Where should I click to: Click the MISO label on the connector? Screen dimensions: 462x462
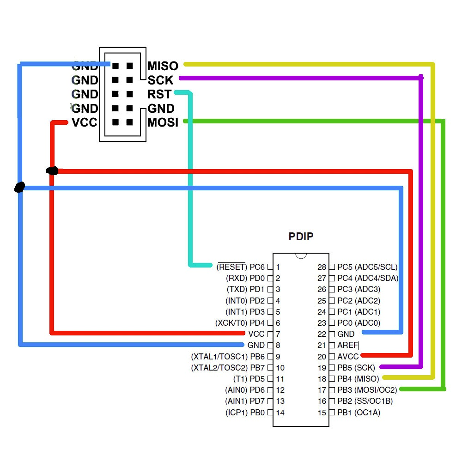coord(162,67)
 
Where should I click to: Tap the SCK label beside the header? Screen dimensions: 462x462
coord(160,80)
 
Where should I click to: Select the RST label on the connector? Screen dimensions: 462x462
coord(159,95)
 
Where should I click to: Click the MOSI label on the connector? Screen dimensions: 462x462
coord(163,123)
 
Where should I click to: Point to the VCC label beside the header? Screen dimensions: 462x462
coord(85,123)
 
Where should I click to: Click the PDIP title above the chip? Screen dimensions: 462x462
coord(301,237)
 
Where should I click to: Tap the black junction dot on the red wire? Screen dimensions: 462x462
coord(52,171)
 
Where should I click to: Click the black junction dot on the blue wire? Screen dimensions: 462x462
coord(19,187)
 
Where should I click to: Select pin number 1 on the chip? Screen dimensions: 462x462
coord(278,267)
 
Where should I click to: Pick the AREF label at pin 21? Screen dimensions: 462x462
coord(348,345)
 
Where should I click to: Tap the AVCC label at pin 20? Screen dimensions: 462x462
coord(348,356)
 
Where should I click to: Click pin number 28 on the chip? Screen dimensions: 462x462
coord(322,267)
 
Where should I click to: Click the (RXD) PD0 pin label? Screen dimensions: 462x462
coord(245,278)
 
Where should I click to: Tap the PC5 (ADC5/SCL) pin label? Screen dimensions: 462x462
coord(367,267)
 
